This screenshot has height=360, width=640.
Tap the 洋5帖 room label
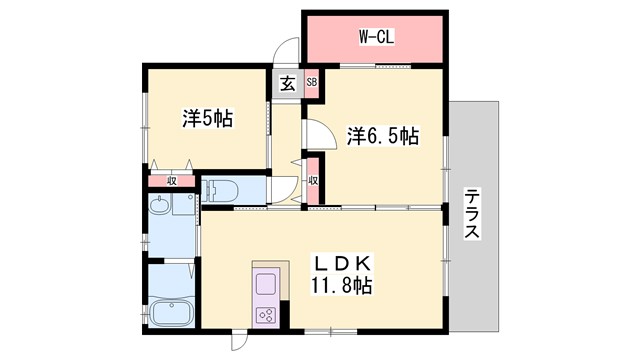coord(207,118)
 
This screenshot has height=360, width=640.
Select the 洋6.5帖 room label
coord(383,136)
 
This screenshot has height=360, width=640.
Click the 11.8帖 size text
coord(342,287)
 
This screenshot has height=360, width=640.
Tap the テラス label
coord(472,214)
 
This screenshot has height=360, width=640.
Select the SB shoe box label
coord(311,84)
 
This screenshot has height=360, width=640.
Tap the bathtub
coord(172,314)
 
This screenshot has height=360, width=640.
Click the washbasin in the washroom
coord(159,208)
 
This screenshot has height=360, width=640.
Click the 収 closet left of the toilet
coord(172,181)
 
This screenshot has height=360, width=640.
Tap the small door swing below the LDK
coord(240,340)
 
